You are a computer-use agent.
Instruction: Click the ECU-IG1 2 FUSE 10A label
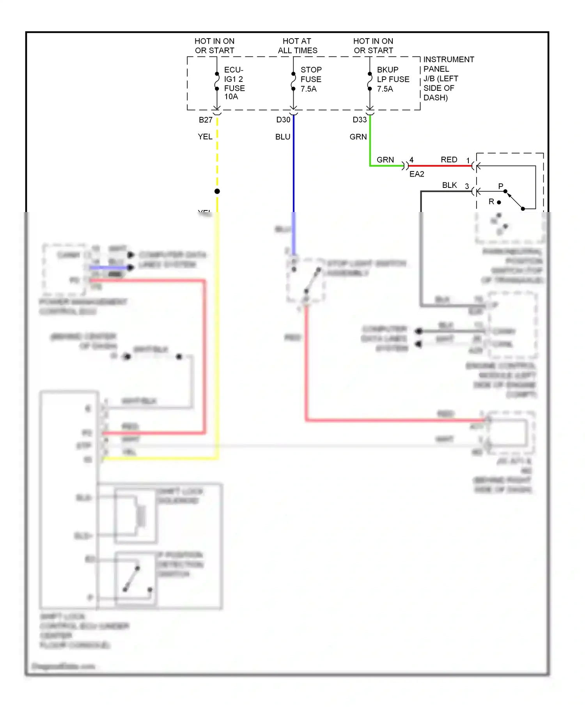pos(234,83)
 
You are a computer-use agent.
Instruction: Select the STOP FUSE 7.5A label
pos(311,79)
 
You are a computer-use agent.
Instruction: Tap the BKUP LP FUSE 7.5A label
pos(393,79)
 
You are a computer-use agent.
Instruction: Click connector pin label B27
pos(206,120)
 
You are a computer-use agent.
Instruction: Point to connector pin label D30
pos(283,120)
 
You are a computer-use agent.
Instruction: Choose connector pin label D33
pos(360,120)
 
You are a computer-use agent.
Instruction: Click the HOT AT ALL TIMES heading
pos(297,46)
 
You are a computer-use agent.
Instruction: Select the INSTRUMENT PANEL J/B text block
pos(448,78)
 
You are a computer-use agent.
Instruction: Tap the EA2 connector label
pos(417,174)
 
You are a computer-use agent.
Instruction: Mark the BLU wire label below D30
pos(283,137)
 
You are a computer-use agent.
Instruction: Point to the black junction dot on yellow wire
pos(217,191)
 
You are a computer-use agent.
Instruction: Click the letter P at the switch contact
pos(501,186)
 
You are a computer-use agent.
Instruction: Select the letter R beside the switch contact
pos(491,201)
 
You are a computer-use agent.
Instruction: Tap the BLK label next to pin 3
pos(449,185)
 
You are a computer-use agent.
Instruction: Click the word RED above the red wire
pos(448,160)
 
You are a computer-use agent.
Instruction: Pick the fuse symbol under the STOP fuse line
pos(293,81)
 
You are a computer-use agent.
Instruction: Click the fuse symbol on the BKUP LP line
pos(370,81)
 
